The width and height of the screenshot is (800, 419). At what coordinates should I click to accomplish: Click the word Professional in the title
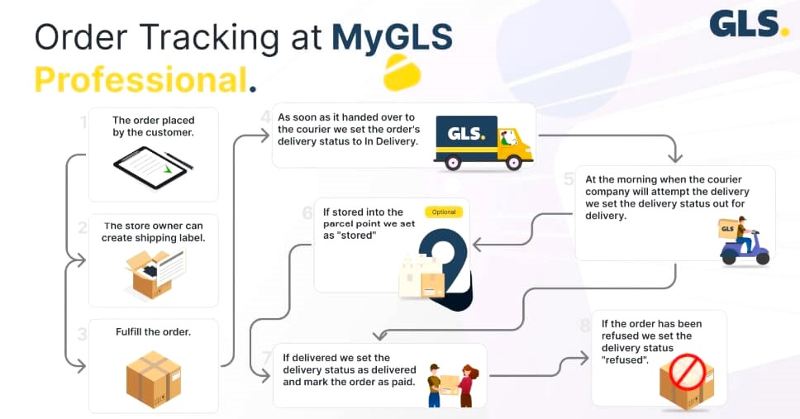(141, 80)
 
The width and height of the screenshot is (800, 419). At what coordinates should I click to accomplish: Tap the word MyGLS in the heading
(392, 39)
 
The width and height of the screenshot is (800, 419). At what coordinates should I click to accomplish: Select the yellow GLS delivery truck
(483, 142)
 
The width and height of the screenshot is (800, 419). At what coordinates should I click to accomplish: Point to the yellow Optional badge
(444, 212)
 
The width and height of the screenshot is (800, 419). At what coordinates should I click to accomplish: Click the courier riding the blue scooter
(743, 241)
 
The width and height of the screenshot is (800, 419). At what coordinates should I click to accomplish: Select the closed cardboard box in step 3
(153, 379)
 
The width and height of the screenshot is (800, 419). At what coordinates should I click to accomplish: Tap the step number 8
(585, 325)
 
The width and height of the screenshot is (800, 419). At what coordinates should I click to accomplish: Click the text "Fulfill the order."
(153, 332)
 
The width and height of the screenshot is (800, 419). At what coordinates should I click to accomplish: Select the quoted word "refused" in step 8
(625, 361)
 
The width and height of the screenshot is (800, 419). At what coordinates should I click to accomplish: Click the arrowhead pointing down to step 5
(676, 156)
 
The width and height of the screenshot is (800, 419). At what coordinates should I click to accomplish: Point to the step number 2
(83, 227)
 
